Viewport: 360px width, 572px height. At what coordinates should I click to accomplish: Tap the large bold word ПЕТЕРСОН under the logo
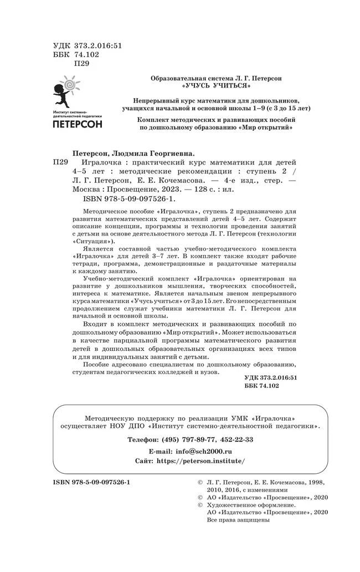77,124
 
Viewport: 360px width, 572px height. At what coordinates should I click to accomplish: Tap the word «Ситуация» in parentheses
93,242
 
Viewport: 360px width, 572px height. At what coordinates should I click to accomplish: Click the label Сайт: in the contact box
145,461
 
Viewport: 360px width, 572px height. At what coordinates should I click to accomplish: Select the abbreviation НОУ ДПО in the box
128,427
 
